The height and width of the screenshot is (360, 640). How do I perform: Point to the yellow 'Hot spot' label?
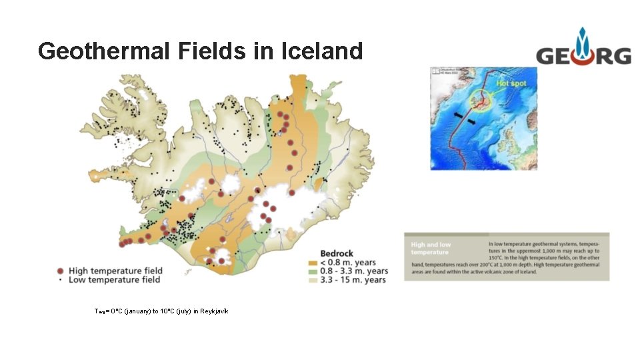coord(511,83)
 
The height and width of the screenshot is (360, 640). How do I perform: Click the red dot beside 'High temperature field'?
coord(61,271)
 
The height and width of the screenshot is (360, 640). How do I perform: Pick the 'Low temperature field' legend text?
coord(114,280)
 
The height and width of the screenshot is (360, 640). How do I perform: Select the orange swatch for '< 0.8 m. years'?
coord(313,263)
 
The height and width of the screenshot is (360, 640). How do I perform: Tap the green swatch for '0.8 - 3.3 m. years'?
coord(313,271)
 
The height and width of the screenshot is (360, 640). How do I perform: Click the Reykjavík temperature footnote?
coord(161,311)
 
